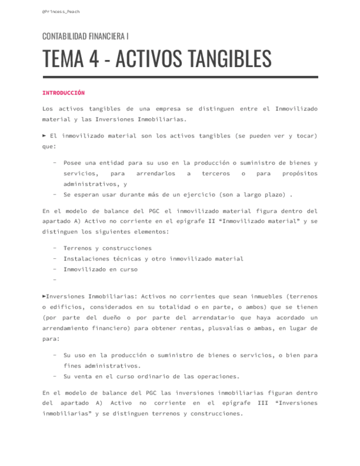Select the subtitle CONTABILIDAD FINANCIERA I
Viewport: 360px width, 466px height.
click(x=86, y=36)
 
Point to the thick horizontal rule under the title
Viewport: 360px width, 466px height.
click(x=180, y=77)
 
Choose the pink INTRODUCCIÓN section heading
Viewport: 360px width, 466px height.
click(x=63, y=93)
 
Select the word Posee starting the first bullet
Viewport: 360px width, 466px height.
click(x=73, y=163)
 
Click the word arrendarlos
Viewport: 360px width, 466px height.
click(x=156, y=173)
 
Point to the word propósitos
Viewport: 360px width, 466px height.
click(x=300, y=173)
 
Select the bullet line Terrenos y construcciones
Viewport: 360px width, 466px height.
click(x=107, y=248)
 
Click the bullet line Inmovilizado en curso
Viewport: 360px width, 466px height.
click(x=100, y=269)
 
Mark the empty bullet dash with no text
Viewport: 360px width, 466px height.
click(x=55, y=280)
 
